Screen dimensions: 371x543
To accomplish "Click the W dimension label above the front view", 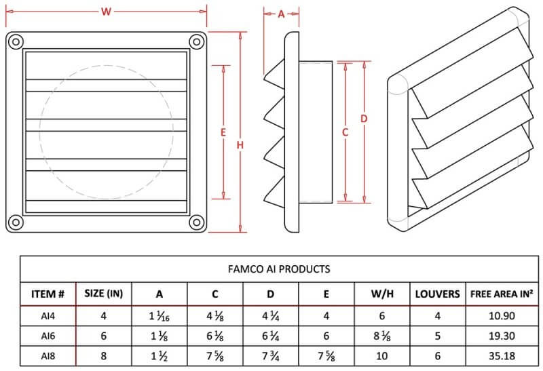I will [x=105, y=12].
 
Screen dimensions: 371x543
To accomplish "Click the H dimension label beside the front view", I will [x=240, y=145].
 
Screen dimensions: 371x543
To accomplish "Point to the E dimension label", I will [x=223, y=133].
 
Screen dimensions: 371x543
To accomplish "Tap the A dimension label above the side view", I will [x=281, y=14].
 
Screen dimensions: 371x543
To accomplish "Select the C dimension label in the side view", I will [x=345, y=132].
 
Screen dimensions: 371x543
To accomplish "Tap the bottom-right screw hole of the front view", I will [x=197, y=222].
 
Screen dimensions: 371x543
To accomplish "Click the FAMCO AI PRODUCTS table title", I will [x=280, y=269].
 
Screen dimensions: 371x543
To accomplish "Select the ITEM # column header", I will [x=48, y=294].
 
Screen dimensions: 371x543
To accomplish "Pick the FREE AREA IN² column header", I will [x=501, y=294].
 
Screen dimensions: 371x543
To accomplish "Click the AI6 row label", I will [x=48, y=336].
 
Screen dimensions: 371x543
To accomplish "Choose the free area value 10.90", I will [x=501, y=316].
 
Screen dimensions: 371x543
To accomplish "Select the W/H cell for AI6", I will [x=381, y=336].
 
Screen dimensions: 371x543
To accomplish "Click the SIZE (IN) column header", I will [x=103, y=294].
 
